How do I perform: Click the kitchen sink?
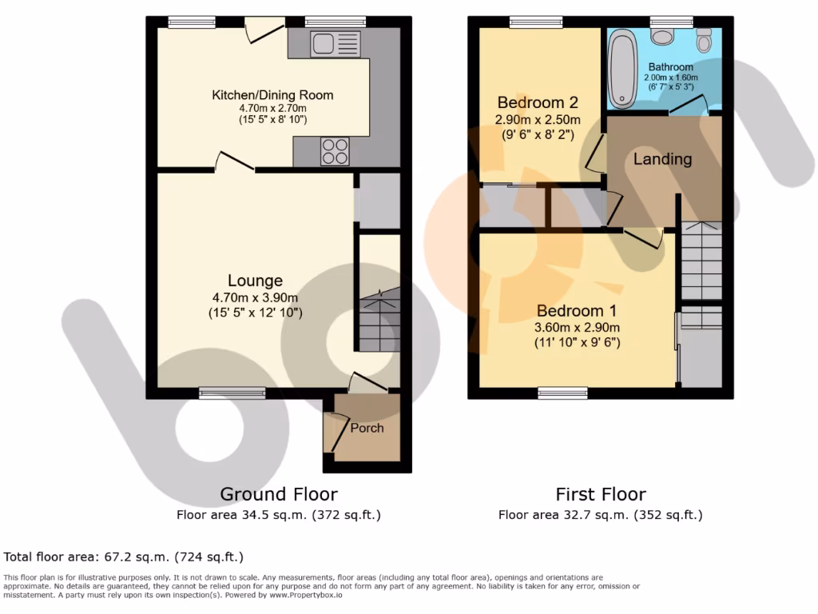(336, 43)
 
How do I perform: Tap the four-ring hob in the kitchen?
(335, 151)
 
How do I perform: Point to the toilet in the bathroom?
(704, 38)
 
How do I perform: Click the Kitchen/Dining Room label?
(272, 95)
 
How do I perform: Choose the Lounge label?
(255, 281)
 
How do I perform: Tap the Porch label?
(367, 428)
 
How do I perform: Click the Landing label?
(662, 159)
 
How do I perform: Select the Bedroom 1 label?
(577, 311)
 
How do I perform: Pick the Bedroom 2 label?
(538, 103)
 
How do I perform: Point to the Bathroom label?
(670, 67)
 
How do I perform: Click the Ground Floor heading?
(278, 494)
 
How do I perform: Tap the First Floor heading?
(601, 494)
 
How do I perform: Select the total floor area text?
(124, 556)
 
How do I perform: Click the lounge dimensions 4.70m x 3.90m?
(255, 297)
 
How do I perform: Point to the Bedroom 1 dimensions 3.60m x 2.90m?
(578, 327)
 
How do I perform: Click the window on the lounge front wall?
(232, 392)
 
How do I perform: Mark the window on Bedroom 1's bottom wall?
(562, 392)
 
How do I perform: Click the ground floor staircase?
(378, 320)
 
